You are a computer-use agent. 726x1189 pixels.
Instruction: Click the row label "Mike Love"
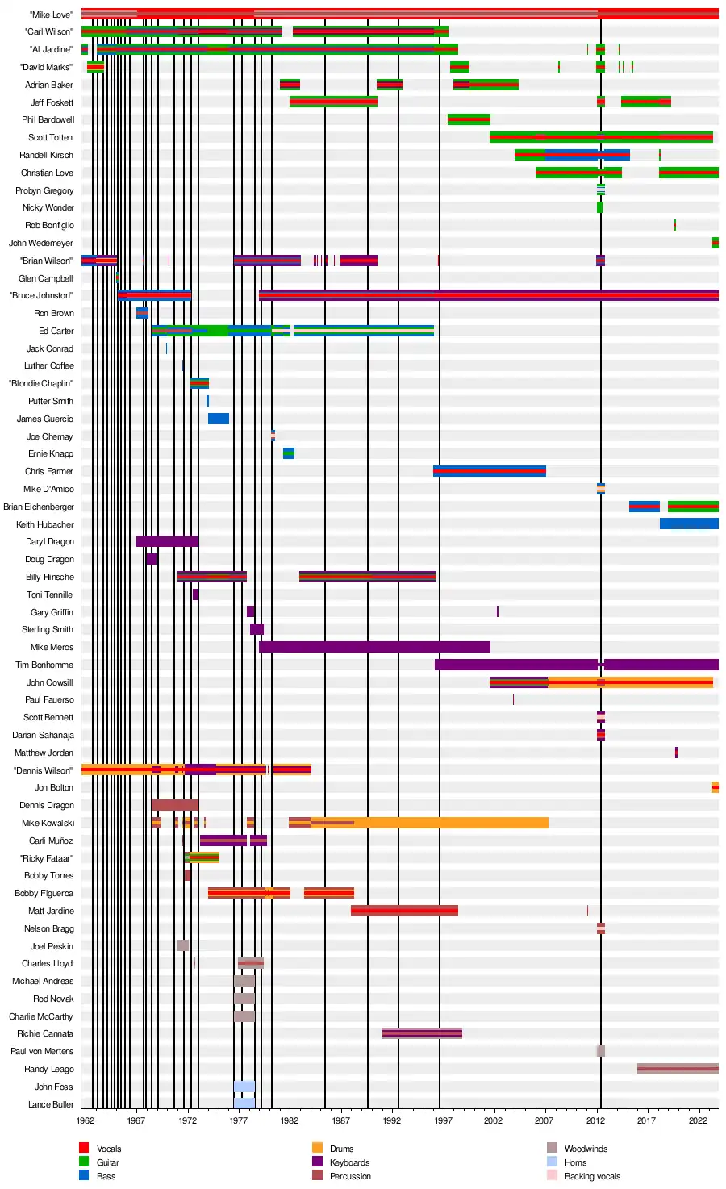(x=51, y=15)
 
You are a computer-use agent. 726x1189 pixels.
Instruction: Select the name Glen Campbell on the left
(x=46, y=278)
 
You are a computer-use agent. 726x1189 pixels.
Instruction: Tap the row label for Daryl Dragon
(x=50, y=542)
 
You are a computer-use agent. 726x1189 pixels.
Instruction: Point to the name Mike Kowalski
(x=48, y=823)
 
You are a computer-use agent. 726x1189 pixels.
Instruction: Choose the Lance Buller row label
(x=51, y=1104)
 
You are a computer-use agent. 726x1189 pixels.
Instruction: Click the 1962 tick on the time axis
(x=86, y=1120)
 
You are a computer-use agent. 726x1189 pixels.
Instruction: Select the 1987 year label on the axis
(x=340, y=1120)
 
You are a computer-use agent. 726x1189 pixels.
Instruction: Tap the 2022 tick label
(x=698, y=1120)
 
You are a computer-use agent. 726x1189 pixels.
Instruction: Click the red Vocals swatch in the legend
(x=84, y=1148)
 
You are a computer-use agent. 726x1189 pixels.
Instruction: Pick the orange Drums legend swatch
(x=317, y=1148)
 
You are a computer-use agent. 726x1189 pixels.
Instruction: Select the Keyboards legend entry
(x=349, y=1162)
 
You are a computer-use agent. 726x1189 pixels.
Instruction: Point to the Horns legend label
(x=575, y=1162)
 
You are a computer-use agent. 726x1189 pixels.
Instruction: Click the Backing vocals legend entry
(x=592, y=1176)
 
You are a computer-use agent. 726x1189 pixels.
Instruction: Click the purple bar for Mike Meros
(x=374, y=647)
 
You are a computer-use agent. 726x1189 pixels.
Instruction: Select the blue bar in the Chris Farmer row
(x=489, y=471)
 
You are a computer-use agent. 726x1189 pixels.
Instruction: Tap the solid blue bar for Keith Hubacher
(x=689, y=524)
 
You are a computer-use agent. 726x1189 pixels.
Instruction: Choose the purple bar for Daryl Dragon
(x=167, y=542)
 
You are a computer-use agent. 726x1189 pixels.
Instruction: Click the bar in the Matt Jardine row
(x=404, y=911)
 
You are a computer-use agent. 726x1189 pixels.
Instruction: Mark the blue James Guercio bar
(x=219, y=419)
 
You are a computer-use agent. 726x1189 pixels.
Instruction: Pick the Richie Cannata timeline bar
(x=422, y=1033)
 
